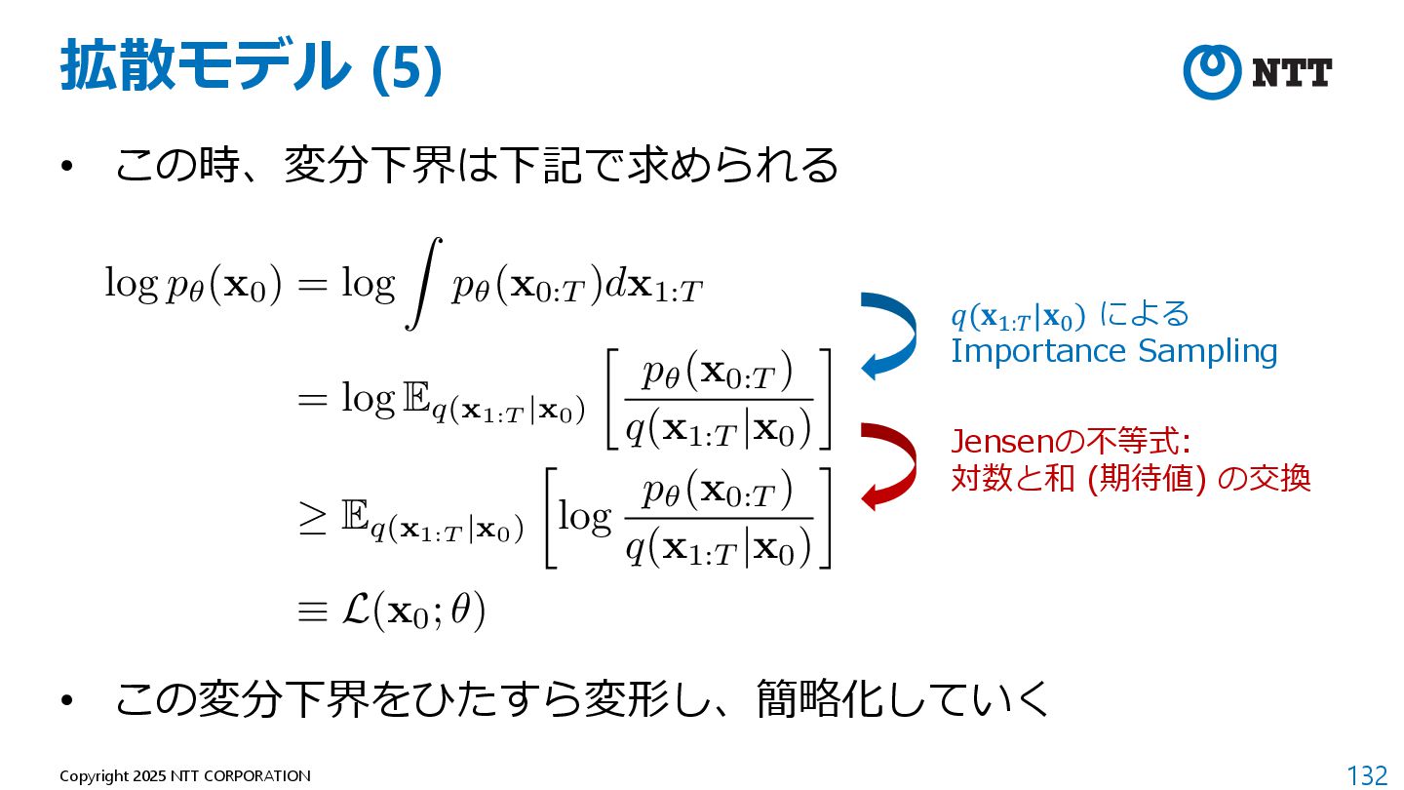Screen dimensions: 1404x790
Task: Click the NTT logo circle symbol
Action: pyautogui.click(x=1212, y=72)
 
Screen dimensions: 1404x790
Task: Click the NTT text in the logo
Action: pyautogui.click(x=1291, y=73)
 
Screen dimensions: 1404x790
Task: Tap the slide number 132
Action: pyautogui.click(x=1366, y=775)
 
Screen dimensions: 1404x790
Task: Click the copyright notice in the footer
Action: pyautogui.click(x=185, y=776)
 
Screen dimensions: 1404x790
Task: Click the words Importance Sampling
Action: pyautogui.click(x=1113, y=351)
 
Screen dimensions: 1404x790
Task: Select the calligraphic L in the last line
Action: pyautogui.click(x=354, y=611)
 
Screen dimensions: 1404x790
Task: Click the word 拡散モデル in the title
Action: pyautogui.click(x=205, y=68)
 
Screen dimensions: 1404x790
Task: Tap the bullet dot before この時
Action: pyautogui.click(x=66, y=168)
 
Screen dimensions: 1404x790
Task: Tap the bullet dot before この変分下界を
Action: pyautogui.click(x=66, y=700)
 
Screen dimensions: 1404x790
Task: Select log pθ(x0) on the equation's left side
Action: pyautogui.click(x=193, y=285)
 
